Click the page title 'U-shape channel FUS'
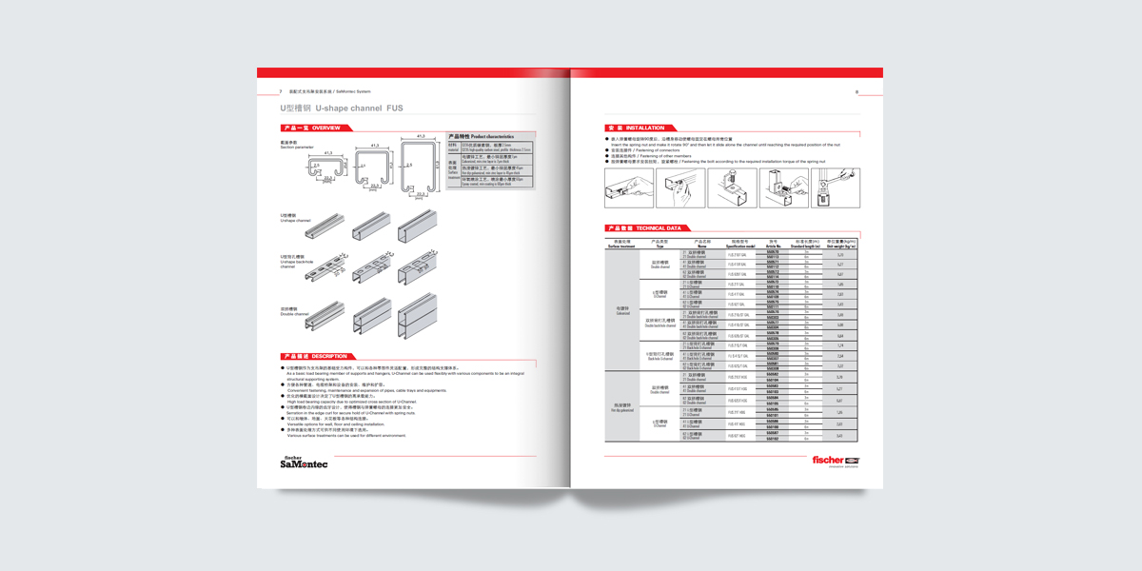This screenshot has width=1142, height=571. click(x=335, y=108)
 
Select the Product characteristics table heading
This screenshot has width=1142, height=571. click(x=481, y=137)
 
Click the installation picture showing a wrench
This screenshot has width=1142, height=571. click(x=837, y=187)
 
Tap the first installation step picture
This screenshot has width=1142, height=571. click(x=628, y=187)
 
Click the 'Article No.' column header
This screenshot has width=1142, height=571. click(x=773, y=245)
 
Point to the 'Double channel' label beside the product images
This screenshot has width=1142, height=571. click(x=291, y=312)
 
